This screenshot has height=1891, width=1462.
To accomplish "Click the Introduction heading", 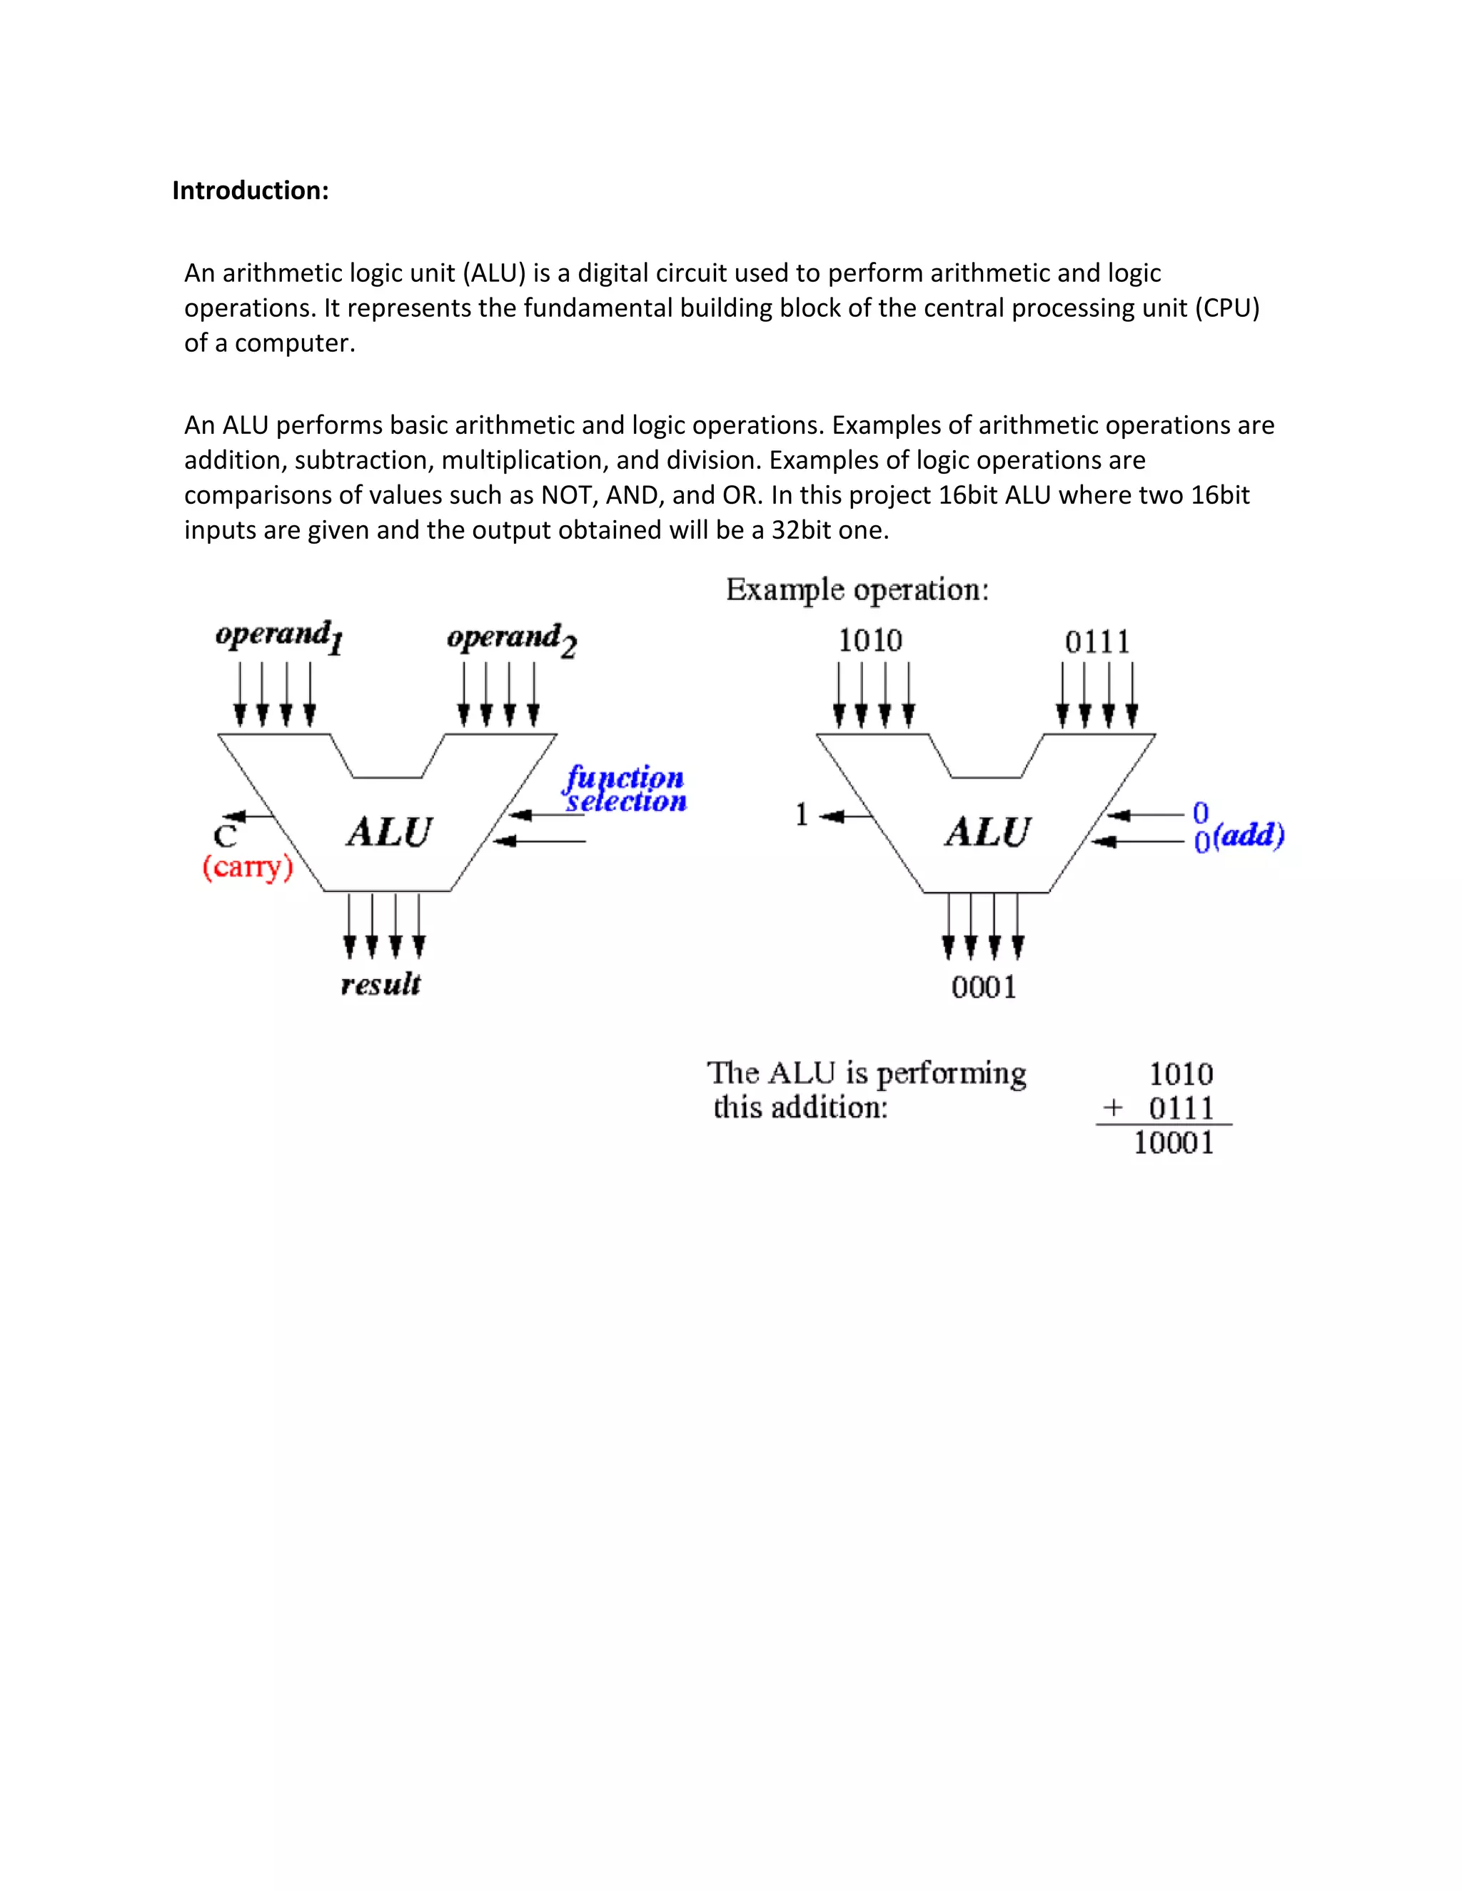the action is tap(251, 191).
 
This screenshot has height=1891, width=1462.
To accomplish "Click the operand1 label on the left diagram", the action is tap(279, 636).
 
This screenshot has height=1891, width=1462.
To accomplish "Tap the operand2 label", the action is tap(511, 638).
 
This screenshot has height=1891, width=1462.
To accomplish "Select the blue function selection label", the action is tap(625, 789).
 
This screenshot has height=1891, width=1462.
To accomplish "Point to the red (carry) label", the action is tap(248, 867).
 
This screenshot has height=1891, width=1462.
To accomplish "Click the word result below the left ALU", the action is tap(380, 985).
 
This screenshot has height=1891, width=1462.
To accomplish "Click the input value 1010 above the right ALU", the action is tap(869, 641).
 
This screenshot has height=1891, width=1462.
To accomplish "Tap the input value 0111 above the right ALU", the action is tap(1097, 642).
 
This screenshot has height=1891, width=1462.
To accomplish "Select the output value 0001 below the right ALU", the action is tap(983, 987).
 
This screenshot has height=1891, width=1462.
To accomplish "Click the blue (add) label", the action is tap(1249, 836).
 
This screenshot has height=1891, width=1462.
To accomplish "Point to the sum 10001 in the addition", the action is tap(1173, 1143).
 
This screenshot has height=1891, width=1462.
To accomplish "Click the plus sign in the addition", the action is tap(1113, 1107).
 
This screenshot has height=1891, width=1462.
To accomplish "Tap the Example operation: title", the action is tap(857, 589).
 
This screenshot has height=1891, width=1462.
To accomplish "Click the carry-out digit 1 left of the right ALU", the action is tap(801, 815).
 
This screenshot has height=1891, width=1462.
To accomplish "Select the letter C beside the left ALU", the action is tap(225, 836).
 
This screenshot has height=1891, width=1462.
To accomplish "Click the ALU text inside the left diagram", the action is tap(389, 832).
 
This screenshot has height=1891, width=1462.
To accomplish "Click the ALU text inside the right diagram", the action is tap(987, 832).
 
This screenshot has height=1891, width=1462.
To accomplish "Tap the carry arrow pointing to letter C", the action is tap(247, 816).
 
